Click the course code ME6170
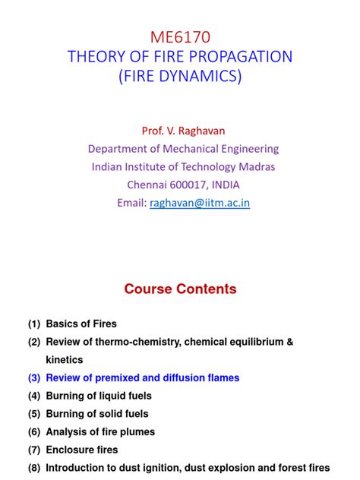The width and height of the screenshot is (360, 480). [179, 36]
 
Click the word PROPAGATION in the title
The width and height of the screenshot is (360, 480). [237, 56]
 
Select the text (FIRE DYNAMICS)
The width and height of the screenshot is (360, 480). [179, 77]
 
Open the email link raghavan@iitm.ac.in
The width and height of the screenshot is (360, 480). [200, 203]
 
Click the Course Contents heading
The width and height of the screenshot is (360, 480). [180, 289]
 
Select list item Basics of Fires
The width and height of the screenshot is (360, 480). [81, 324]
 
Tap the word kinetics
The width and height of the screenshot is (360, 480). [65, 360]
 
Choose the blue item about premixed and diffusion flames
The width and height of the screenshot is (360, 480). [142, 377]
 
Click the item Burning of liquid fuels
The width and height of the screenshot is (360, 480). [99, 396]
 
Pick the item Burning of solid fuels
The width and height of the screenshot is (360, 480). [96, 414]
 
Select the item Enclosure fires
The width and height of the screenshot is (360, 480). [79, 450]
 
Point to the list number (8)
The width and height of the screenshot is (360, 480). [34, 469]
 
